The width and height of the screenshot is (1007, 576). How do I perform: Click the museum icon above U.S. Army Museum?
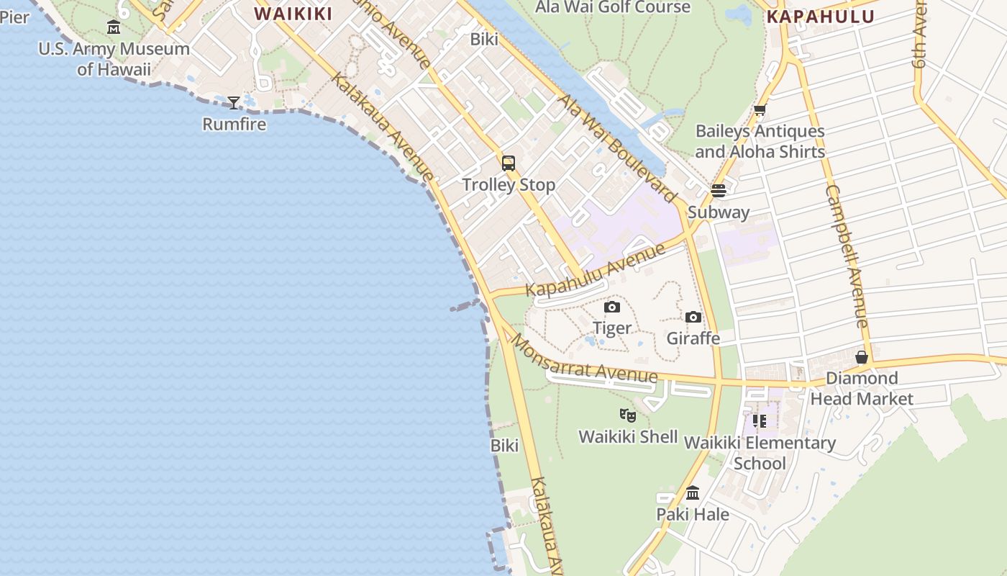click(x=114, y=27)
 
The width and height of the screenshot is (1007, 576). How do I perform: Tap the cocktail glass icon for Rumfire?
click(x=234, y=103)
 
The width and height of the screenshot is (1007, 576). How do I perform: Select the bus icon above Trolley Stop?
click(x=509, y=163)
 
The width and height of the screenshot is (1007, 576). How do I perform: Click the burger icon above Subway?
click(x=718, y=191)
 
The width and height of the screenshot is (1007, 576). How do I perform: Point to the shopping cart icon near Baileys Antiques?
click(x=760, y=110)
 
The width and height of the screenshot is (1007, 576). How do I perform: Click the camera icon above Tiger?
click(x=612, y=307)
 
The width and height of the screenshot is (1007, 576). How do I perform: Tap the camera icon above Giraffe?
click(x=693, y=317)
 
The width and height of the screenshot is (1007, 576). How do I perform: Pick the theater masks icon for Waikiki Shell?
click(x=628, y=415)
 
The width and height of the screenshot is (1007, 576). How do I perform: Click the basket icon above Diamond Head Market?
click(x=862, y=357)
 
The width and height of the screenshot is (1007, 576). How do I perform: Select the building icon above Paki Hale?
click(x=693, y=493)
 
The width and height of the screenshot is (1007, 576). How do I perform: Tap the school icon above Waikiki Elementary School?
click(x=760, y=421)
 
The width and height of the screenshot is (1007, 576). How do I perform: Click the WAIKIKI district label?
click(x=293, y=14)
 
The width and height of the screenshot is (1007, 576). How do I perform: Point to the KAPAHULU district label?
click(x=821, y=17)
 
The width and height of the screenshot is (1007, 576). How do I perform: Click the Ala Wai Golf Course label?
click(x=613, y=7)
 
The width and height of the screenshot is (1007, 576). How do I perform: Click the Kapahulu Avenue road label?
click(x=596, y=271)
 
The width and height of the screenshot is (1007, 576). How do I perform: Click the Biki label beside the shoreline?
click(x=504, y=446)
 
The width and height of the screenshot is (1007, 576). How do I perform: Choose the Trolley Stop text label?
click(x=509, y=185)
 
